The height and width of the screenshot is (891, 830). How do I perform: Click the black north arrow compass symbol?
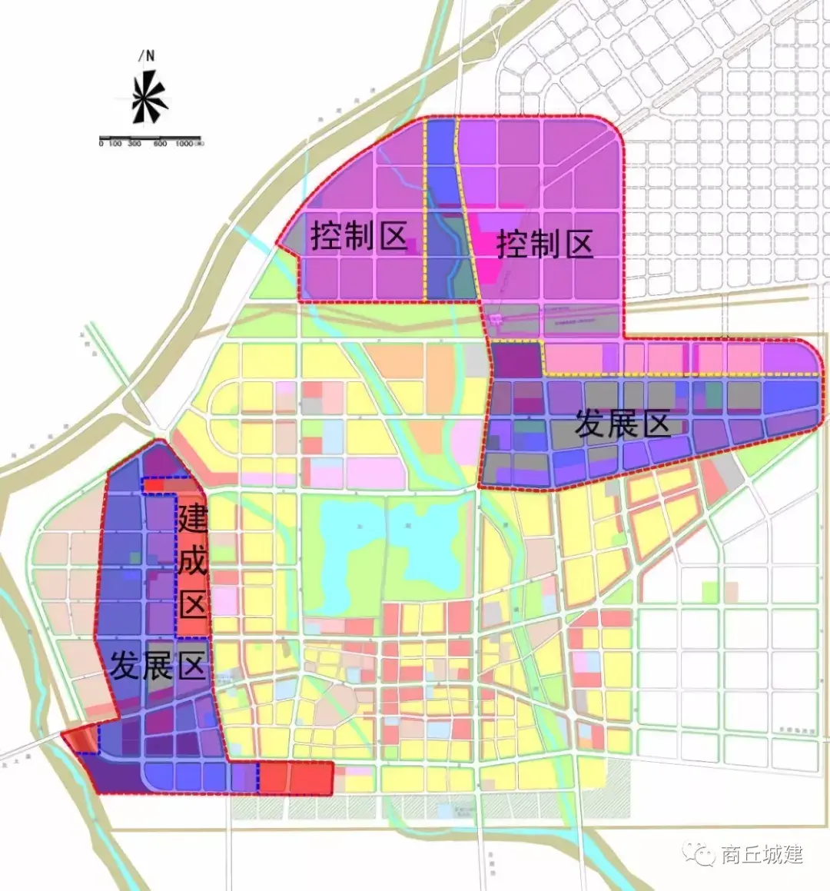pyautogui.click(x=148, y=97)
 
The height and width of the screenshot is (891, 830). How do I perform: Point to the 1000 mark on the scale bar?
pyautogui.click(x=184, y=144)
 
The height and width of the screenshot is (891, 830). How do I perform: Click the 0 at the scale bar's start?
pyautogui.click(x=101, y=144)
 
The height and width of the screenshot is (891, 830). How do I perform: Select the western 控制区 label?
pyautogui.click(x=358, y=236)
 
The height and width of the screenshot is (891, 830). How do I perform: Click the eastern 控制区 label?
pyautogui.click(x=545, y=245)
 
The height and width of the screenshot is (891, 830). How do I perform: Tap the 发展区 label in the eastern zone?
pyautogui.click(x=622, y=424)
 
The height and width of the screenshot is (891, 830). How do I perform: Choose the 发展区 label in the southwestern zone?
pyautogui.click(x=158, y=665)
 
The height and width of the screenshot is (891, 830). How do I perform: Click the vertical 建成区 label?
pyautogui.click(x=193, y=562)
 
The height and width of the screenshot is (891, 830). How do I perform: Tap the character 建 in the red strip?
pyautogui.click(x=193, y=519)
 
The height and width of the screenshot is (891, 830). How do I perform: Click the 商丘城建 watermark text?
pyautogui.click(x=761, y=854)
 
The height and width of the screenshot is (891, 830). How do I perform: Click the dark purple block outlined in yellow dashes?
pyautogui.click(x=516, y=360)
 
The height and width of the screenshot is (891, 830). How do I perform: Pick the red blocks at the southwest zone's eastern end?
pyautogui.click(x=296, y=778)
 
